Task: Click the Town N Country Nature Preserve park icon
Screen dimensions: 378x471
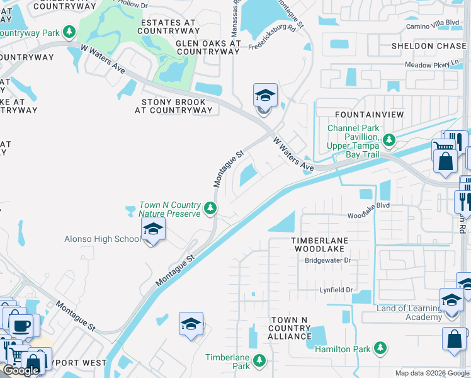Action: coord(211,209)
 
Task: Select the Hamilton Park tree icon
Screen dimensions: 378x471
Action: coord(380,348)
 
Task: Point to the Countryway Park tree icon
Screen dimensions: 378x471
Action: coord(69,32)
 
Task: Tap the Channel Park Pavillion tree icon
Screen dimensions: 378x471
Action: coord(390,140)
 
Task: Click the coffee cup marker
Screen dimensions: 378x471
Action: coord(23,326)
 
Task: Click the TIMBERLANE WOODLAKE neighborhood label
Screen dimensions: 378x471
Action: coord(319,244)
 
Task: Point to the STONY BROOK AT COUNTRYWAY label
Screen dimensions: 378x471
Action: coord(173,106)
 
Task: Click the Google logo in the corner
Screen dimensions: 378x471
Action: coord(21,370)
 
